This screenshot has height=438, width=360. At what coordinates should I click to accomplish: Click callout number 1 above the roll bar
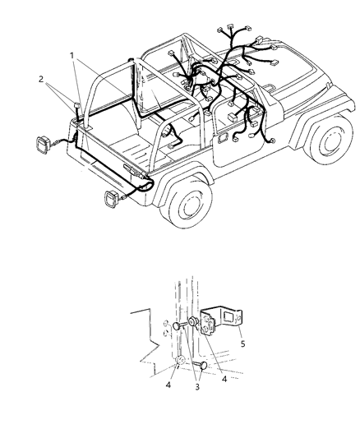point(73,56)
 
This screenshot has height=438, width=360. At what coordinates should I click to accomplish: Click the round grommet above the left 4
point(179,363)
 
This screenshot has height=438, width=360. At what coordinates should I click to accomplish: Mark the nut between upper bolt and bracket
point(194,322)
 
